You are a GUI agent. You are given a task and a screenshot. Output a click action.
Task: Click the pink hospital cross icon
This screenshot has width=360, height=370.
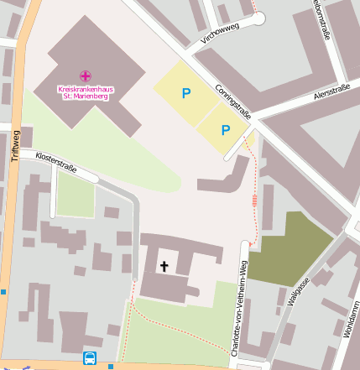[86, 76]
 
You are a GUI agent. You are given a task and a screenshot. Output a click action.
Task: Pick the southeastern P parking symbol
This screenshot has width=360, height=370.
[225, 130]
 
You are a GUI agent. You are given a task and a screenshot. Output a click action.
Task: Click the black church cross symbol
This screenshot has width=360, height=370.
[164, 267]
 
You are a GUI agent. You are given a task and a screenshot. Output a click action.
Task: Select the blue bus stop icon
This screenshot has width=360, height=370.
[90, 358]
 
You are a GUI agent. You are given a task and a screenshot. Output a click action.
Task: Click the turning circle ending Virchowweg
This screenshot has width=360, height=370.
[257, 18]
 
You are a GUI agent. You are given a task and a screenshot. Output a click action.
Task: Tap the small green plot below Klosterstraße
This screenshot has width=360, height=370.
[76, 195]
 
